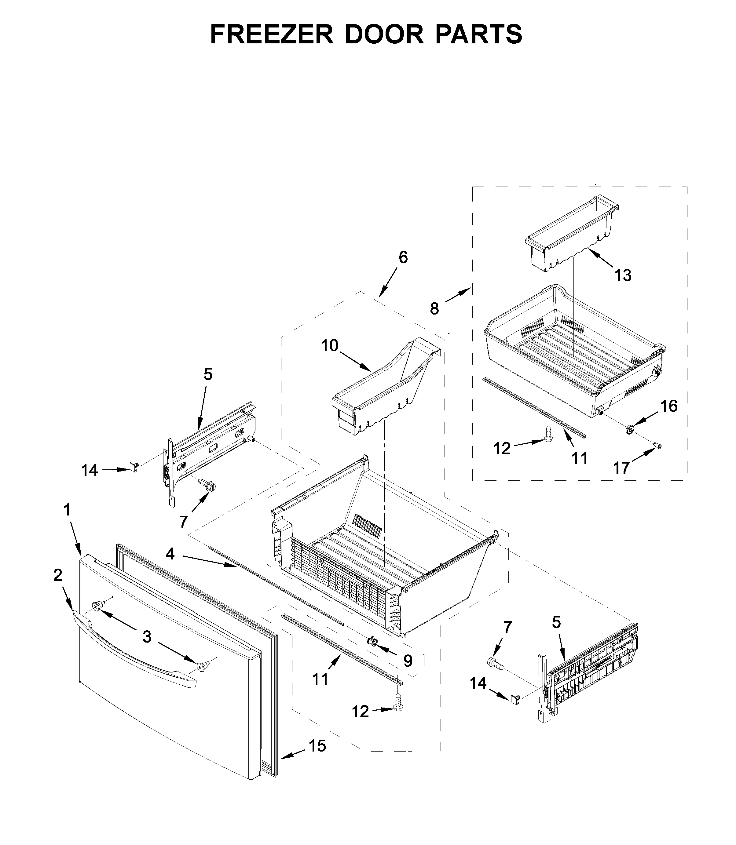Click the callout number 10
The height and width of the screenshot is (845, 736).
click(x=329, y=346)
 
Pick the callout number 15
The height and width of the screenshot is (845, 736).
click(x=317, y=746)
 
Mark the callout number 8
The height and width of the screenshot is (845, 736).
click(x=434, y=308)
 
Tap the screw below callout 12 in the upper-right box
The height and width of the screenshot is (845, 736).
click(x=547, y=433)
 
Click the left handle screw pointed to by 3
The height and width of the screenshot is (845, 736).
click(x=97, y=606)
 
